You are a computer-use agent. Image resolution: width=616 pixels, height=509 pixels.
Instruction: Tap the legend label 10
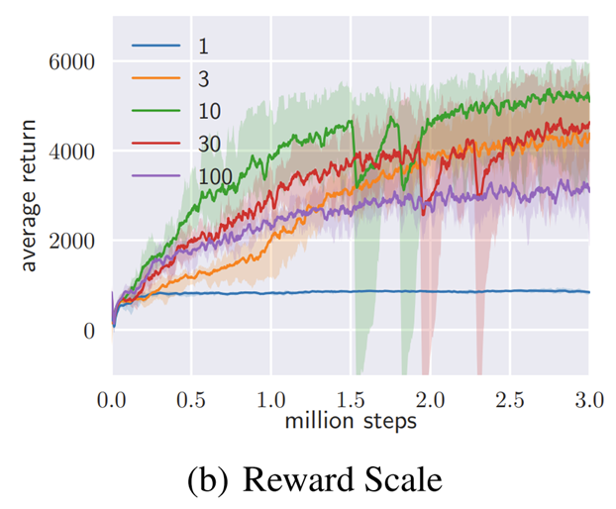pos(207,111)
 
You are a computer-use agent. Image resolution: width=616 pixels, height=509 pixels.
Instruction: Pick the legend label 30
pos(207,144)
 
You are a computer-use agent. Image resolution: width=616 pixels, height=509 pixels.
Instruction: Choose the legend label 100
pos(213,176)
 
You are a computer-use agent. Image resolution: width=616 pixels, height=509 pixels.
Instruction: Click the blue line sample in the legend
pos(156,47)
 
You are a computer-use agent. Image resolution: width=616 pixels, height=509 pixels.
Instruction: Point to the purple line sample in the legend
pos(156,176)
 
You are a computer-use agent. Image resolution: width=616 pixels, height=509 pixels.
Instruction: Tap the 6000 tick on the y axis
pos(72,62)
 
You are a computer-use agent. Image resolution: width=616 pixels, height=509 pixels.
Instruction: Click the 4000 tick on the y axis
pos(72,152)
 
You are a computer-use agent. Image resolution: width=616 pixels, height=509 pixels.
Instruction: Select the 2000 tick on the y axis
pos(72,241)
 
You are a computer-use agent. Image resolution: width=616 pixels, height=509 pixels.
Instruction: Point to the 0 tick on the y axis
pos(89,331)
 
